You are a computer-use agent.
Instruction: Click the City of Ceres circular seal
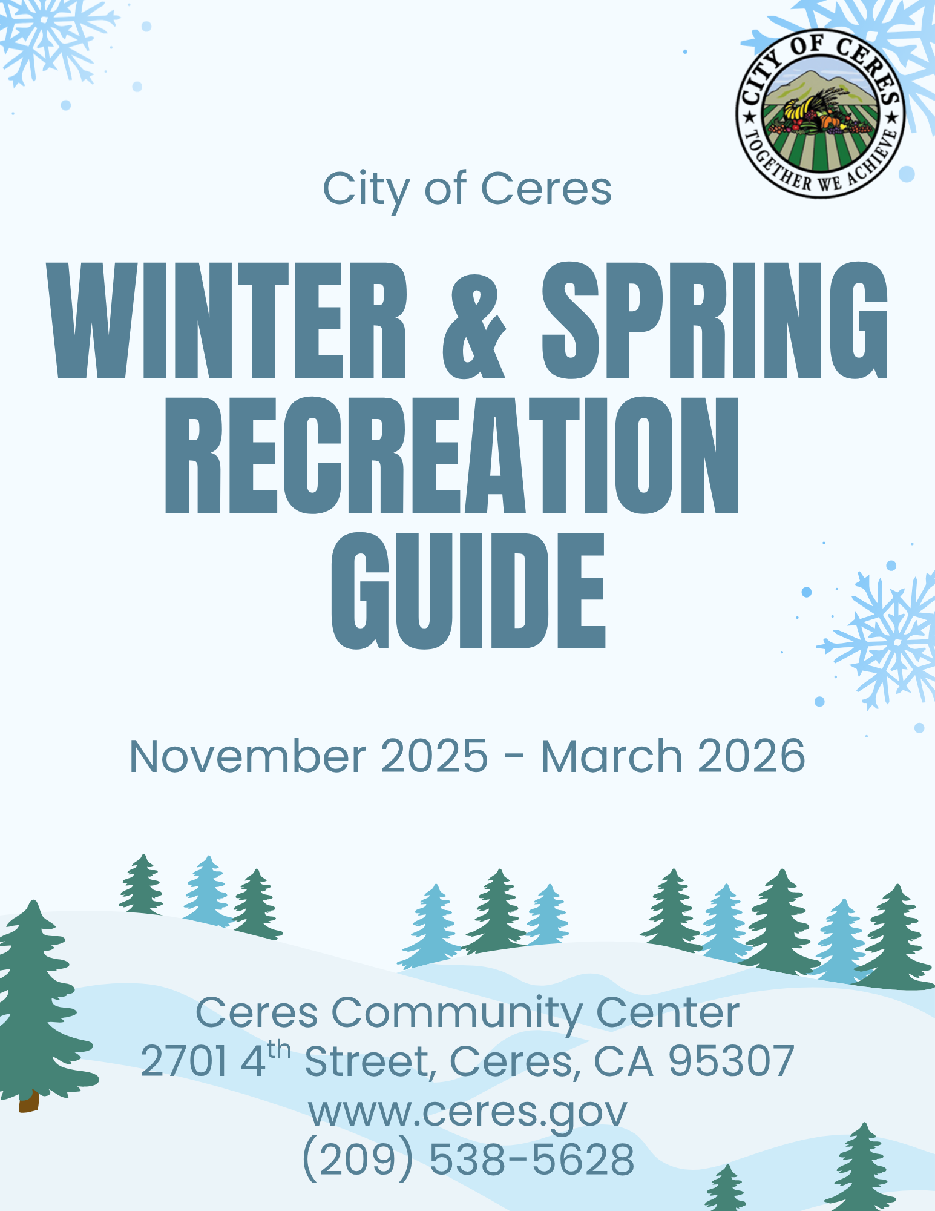tap(820, 113)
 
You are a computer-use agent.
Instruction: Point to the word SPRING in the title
tap(714, 321)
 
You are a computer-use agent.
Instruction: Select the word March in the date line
tap(612, 756)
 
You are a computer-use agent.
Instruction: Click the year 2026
tap(751, 756)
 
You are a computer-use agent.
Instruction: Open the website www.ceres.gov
tap(468, 1111)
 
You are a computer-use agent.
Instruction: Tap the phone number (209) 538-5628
tap(468, 1160)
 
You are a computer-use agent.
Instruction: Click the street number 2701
tap(185, 1061)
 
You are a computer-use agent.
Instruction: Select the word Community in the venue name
tap(457, 1012)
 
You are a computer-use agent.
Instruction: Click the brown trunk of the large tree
tap(28, 1101)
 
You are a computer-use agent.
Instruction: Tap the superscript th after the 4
tap(279, 1049)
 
